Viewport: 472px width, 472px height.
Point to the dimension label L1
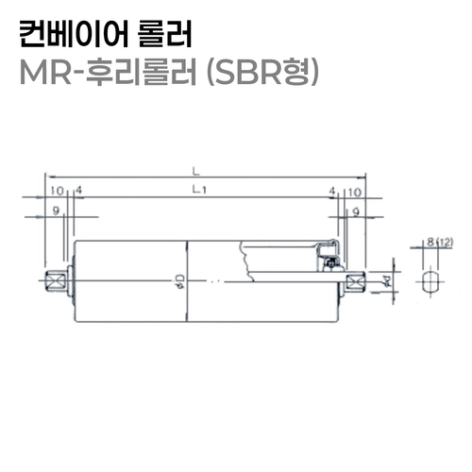tap(199, 191)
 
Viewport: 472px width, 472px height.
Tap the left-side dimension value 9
tap(58, 212)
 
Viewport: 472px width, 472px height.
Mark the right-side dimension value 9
tap(354, 212)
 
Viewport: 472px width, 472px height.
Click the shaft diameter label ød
tap(385, 279)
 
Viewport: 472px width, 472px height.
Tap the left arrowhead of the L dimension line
tap(47, 177)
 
